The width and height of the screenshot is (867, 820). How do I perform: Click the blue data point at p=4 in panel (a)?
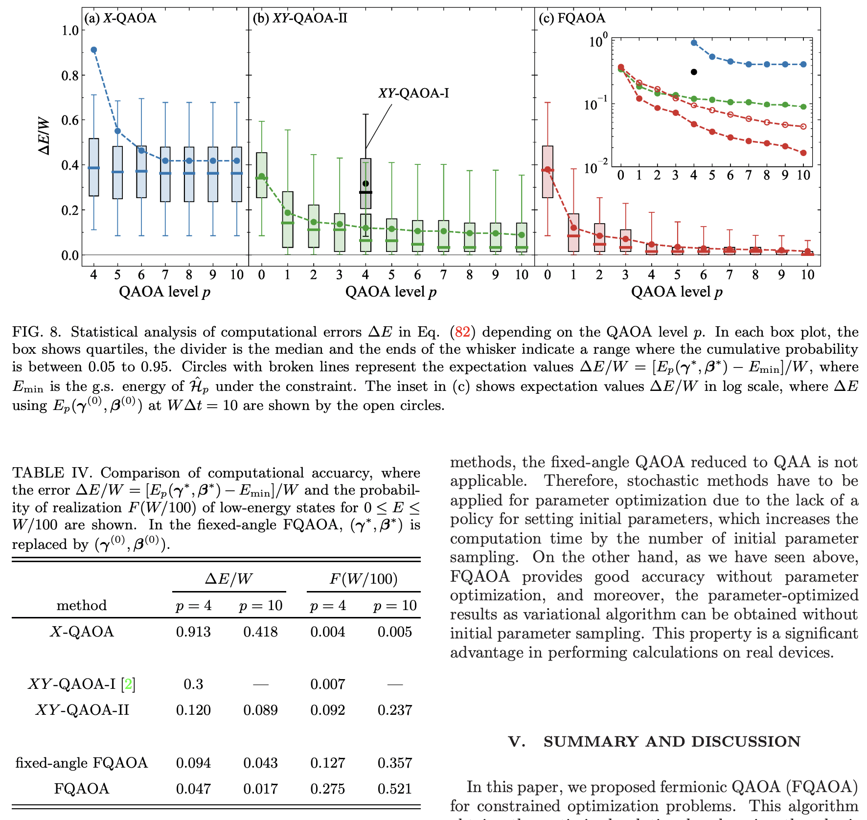[94, 50]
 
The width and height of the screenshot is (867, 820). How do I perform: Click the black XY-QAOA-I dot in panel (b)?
[365, 183]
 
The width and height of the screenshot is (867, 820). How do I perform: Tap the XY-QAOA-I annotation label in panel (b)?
[413, 93]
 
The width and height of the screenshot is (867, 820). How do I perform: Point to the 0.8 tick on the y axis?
[70, 75]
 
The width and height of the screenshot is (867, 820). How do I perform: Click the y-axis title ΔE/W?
[44, 136]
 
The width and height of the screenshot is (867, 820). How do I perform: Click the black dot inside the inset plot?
[694, 72]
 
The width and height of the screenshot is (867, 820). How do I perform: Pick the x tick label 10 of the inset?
[803, 175]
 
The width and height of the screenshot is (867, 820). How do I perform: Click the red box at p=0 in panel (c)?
[548, 172]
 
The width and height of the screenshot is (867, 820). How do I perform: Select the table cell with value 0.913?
[193, 632]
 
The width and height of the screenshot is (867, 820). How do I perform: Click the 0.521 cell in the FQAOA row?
[395, 789]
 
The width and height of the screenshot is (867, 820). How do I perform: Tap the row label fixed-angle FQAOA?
[82, 763]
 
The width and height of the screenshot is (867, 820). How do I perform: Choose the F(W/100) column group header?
[364, 579]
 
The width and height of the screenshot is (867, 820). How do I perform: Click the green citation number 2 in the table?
[129, 683]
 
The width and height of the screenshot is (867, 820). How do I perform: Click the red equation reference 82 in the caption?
[462, 332]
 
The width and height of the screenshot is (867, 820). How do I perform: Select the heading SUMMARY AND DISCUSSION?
[671, 741]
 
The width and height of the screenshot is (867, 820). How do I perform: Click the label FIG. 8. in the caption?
[37, 332]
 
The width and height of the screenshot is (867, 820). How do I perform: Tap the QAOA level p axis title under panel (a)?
[164, 292]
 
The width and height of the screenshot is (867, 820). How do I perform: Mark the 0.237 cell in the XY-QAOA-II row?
[395, 710]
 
